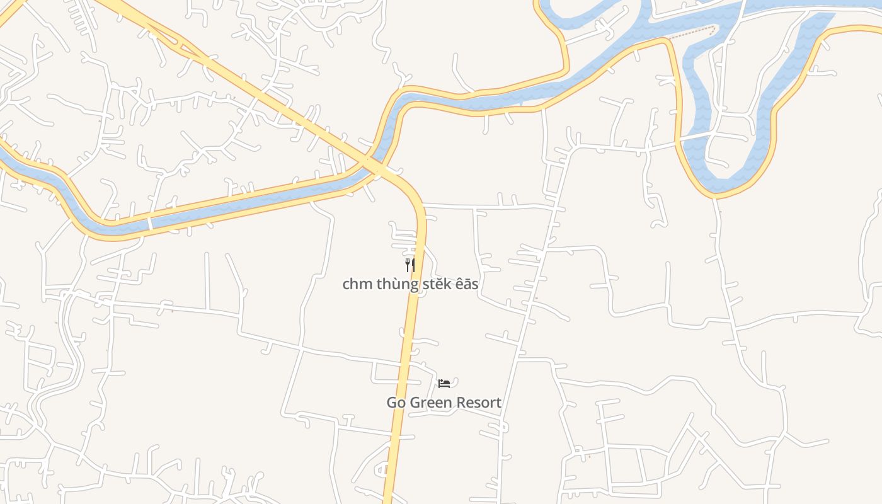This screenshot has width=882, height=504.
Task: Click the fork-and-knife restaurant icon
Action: tap(410, 265)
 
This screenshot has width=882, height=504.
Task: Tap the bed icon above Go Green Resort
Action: tap(444, 383)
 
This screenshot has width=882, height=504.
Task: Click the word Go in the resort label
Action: tap(396, 403)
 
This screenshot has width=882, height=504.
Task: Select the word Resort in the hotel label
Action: tap(479, 403)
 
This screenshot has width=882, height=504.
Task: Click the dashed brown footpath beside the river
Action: tap(693, 32)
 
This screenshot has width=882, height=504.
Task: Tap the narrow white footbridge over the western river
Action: tap(150, 223)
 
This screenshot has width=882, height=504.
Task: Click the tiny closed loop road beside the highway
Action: tap(382, 469)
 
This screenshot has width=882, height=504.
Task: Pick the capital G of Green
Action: tap(415, 403)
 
